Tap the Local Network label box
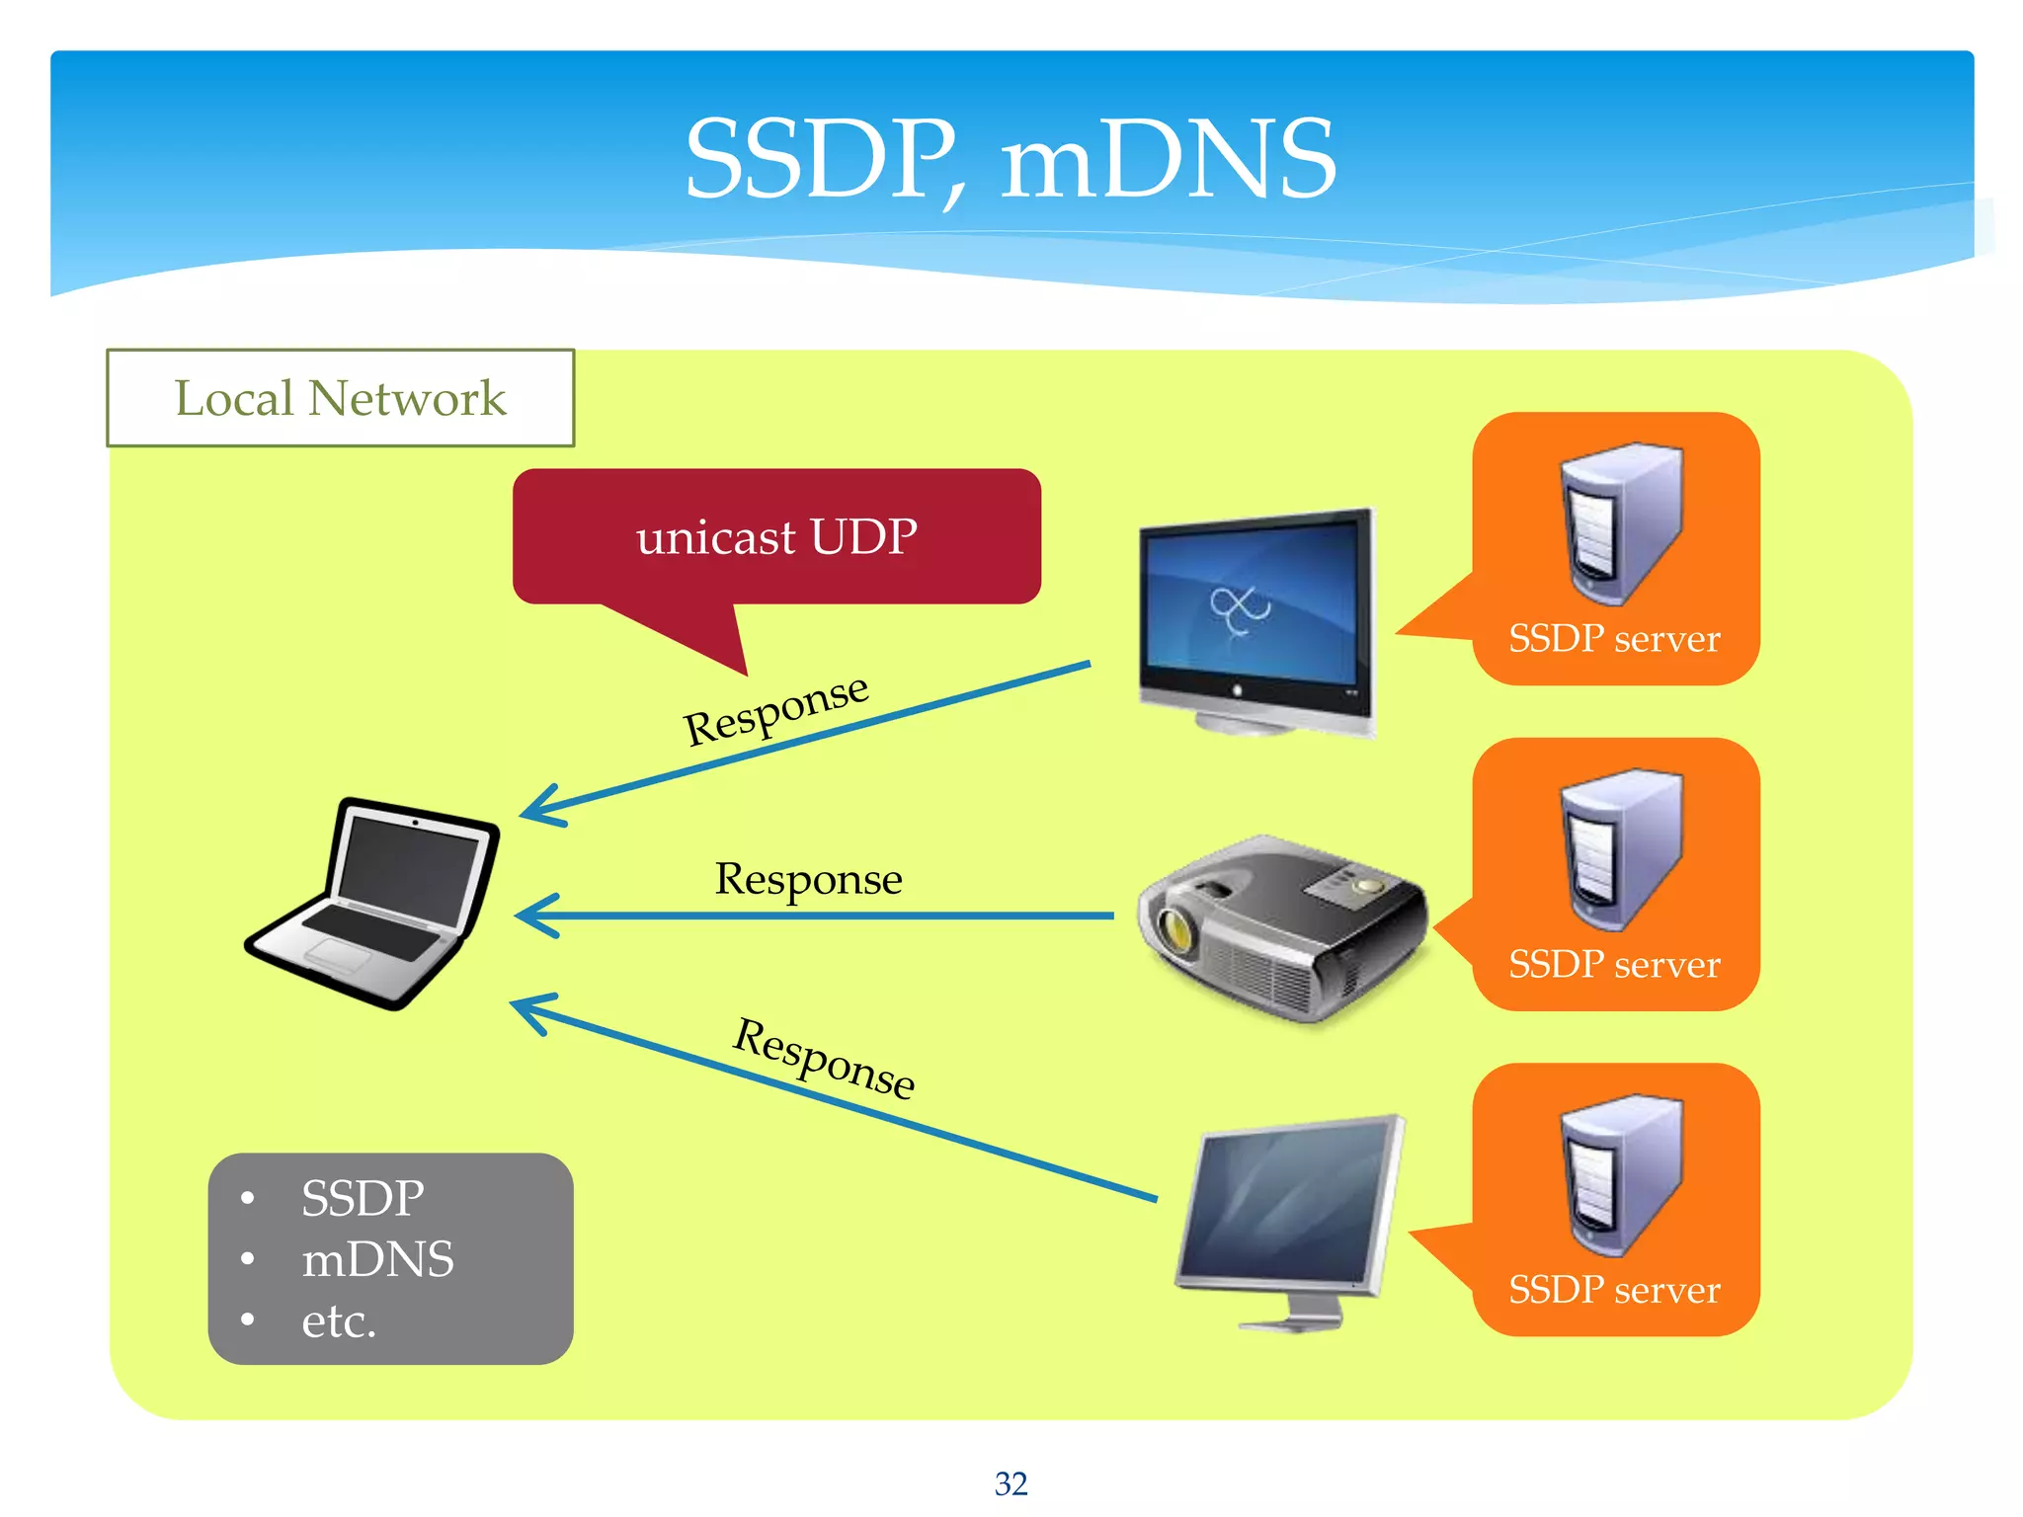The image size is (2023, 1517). tap(340, 398)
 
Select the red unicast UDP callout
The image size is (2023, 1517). tap(776, 537)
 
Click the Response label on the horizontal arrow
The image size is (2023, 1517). tap(808, 879)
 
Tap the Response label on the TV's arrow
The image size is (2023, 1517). tap(775, 709)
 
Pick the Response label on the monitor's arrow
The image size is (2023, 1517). tap(824, 1058)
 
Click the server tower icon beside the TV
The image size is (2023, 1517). tap(1620, 523)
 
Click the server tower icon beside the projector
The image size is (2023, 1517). tap(1620, 849)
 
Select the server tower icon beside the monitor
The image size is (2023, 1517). tap(1620, 1175)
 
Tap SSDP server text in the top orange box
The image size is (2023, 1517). tap(1614, 639)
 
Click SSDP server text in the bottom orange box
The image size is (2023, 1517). tap(1614, 1290)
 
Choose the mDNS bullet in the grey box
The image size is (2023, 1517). tap(377, 1259)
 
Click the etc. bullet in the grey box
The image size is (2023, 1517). tap(339, 1320)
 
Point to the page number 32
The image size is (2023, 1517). tap(1011, 1483)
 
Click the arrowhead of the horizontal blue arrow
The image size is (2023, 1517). tap(533, 916)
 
